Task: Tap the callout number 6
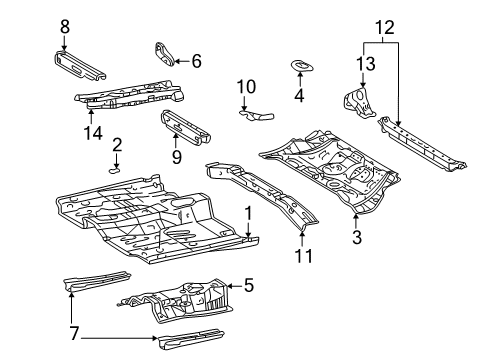click(196, 61)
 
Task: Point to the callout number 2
click(117, 146)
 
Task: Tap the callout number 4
click(299, 96)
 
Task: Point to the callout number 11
click(304, 256)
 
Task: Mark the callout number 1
click(247, 211)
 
